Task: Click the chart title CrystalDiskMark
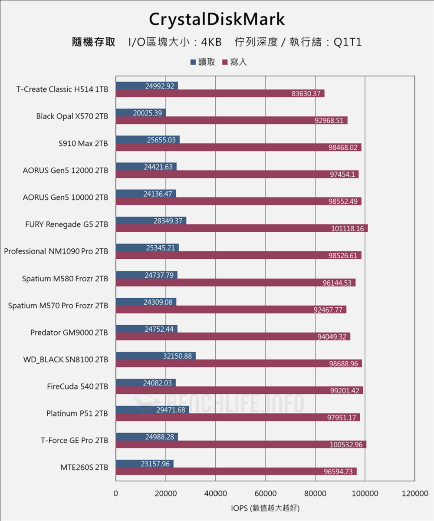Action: coord(217,20)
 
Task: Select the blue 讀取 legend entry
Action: coord(203,62)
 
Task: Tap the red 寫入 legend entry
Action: coord(234,62)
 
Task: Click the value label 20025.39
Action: coord(148,113)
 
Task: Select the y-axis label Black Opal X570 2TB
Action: coord(72,116)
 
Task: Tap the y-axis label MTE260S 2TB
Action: coord(84,468)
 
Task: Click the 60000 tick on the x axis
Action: coord(265,494)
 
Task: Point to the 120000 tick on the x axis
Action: coord(414,494)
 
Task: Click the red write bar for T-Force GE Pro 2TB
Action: coord(241,445)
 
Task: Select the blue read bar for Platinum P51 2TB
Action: coord(152,410)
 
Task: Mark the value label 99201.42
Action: coord(345,391)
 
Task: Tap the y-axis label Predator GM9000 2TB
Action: coord(69,333)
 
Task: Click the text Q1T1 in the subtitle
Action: coord(347,42)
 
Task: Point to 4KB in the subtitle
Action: coord(211,42)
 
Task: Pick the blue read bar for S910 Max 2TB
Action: coord(148,140)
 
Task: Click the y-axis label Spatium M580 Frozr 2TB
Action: coord(65,279)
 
